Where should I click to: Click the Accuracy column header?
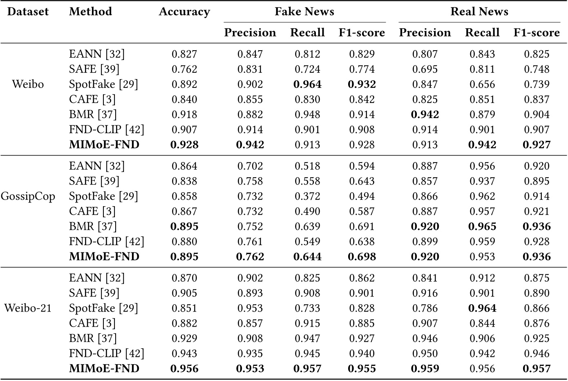[184, 12]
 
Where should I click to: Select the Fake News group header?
[304, 11]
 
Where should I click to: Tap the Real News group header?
[479, 11]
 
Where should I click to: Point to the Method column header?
[90, 11]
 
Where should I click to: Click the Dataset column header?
[28, 11]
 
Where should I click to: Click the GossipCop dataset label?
[28, 196]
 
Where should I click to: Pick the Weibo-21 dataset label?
[28, 308]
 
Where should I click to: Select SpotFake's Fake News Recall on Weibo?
[307, 85]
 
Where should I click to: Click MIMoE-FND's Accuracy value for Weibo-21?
[184, 369]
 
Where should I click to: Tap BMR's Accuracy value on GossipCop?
[184, 227]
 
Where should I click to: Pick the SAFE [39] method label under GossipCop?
[94, 181]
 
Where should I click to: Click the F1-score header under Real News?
[537, 33]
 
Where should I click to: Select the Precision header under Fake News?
[250, 33]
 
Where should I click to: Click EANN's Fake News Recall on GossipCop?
[307, 166]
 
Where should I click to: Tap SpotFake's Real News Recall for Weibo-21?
[482, 308]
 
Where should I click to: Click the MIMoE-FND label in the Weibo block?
[104, 145]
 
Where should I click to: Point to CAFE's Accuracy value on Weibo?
[184, 100]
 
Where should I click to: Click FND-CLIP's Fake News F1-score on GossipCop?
[362, 242]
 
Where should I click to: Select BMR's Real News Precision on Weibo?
[425, 115]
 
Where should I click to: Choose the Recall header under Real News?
[482, 33]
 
